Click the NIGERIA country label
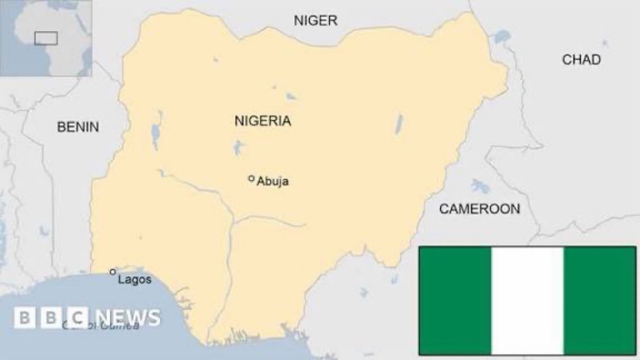click(x=262, y=121)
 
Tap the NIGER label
click(x=315, y=21)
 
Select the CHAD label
click(x=581, y=59)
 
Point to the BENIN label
click(x=78, y=127)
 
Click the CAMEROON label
click(x=479, y=209)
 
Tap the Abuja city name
click(x=273, y=182)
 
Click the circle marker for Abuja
click(x=251, y=178)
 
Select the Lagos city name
click(x=134, y=279)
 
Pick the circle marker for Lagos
click(x=113, y=272)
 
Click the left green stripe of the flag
click(x=455, y=301)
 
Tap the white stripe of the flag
click(x=527, y=301)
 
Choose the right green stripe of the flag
click(x=600, y=301)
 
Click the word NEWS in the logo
click(x=127, y=318)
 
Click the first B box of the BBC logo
click(x=24, y=318)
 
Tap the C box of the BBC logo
click(x=79, y=318)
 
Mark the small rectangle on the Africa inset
click(x=46, y=38)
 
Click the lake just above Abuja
click(x=239, y=147)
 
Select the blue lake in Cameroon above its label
click(x=479, y=186)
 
